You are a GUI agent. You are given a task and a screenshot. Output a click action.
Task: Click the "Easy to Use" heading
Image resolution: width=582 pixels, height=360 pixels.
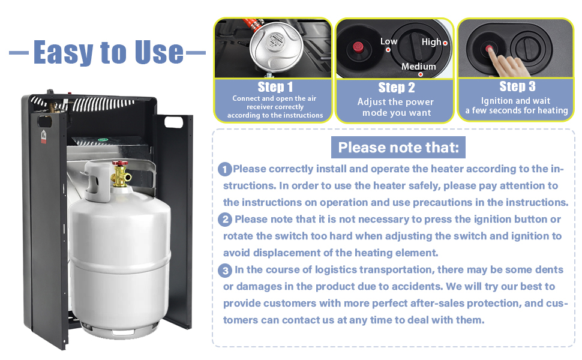pyautogui.click(x=108, y=52)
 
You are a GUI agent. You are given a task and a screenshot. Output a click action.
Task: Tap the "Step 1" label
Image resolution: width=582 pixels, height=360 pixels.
pyautogui.click(x=275, y=87)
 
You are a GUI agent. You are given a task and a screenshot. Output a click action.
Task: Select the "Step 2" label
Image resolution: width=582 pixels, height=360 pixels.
pyautogui.click(x=396, y=88)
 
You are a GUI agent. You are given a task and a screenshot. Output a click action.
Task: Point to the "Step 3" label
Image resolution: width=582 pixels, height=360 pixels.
pyautogui.click(x=517, y=86)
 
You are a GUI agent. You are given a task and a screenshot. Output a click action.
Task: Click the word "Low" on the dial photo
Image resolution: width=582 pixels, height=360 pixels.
pyautogui.click(x=389, y=41)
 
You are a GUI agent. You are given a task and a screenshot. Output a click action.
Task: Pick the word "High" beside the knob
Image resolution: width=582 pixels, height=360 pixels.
pyautogui.click(x=431, y=42)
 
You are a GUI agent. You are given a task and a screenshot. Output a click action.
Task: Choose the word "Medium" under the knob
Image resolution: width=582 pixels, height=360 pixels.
pyautogui.click(x=418, y=67)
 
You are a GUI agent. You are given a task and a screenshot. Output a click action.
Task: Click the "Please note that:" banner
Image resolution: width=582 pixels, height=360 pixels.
pyautogui.click(x=398, y=147)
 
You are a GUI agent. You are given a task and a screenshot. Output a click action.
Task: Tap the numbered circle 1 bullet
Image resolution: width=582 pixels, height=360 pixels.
pyautogui.click(x=225, y=170)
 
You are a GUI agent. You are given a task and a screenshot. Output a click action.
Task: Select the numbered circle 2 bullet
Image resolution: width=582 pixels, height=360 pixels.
pyautogui.click(x=226, y=220)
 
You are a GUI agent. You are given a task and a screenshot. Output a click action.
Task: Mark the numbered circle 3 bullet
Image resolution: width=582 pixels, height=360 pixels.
pyautogui.click(x=226, y=271)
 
